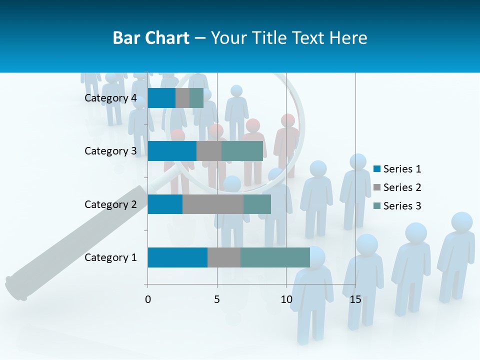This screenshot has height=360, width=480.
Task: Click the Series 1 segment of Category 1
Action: point(177,257)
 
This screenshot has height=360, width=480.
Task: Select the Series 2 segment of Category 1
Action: point(224,257)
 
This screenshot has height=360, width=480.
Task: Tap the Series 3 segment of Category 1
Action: point(275,257)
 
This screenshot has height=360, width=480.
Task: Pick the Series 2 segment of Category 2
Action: point(213,204)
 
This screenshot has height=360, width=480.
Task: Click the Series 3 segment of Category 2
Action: point(257,204)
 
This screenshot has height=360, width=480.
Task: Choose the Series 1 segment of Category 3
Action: point(172,151)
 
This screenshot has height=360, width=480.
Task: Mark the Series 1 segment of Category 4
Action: point(161,98)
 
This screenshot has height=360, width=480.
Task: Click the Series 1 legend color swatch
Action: point(376,169)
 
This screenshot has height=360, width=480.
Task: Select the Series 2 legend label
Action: point(402,187)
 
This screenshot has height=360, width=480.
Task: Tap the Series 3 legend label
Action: point(402,206)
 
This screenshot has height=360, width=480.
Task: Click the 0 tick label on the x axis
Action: point(148,299)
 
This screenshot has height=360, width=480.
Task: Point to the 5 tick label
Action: point(217,299)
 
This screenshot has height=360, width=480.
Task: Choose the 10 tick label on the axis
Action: point(286,299)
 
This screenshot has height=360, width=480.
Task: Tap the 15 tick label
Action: point(355,299)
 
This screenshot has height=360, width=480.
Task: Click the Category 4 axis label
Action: point(110,98)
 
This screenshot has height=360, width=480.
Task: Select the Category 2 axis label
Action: point(110,204)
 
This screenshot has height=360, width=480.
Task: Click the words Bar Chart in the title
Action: point(151,38)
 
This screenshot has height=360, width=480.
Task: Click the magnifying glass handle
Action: point(75,240)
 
